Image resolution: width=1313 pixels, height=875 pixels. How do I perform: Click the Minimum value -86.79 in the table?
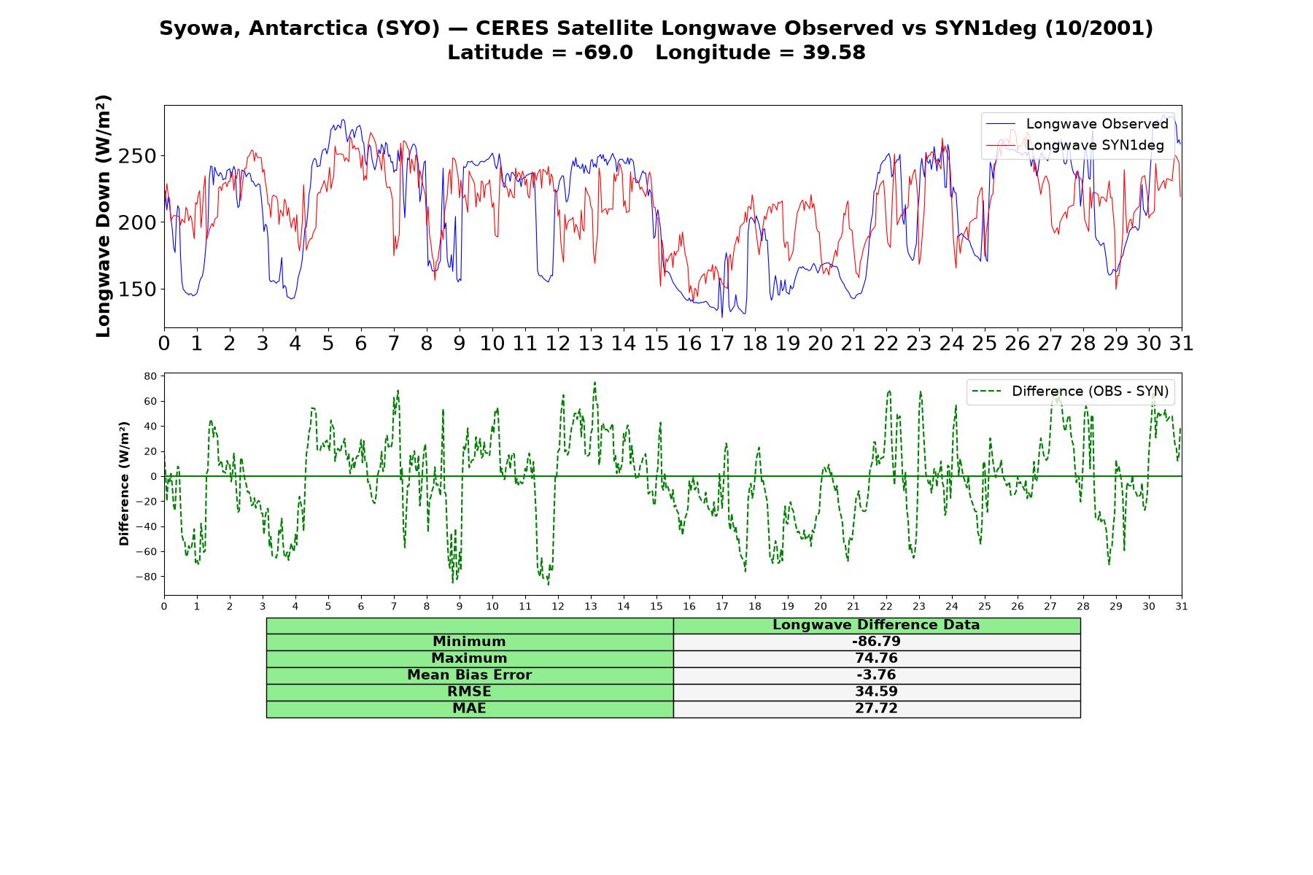coord(876,642)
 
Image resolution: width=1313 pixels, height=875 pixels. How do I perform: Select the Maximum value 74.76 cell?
coord(876,658)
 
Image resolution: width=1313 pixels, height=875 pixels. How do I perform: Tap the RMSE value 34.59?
coord(876,691)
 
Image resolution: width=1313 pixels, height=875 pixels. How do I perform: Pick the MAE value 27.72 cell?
coord(876,709)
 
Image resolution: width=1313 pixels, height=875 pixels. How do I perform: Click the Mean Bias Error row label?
coord(469,675)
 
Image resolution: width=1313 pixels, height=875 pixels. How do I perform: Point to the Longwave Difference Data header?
coord(876,625)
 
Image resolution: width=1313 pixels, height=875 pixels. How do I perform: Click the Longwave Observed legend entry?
coord(1077,124)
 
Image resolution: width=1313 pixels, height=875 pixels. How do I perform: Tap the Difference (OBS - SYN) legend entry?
coord(1071,392)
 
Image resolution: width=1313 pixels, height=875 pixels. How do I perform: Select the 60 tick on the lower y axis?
coord(150,402)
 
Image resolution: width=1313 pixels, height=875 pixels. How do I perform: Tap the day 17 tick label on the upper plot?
coord(722,343)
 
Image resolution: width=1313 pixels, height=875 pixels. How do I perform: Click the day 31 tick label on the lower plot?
coord(1182,607)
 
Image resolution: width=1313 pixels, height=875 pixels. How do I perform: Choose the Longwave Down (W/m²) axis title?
coord(104,216)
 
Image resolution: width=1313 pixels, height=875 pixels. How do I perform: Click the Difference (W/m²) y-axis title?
coord(124,483)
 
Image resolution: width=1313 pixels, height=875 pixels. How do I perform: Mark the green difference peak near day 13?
coord(594,383)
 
